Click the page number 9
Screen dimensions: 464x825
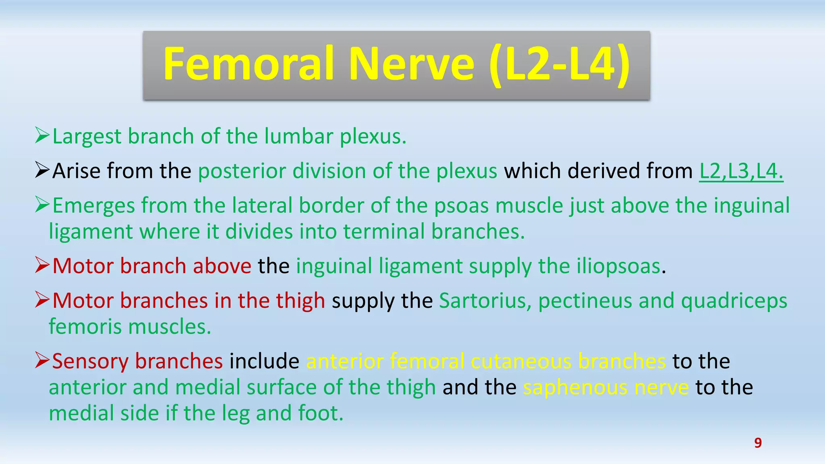click(758, 443)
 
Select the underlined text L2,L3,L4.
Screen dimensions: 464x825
click(741, 171)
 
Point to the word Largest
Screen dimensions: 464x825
click(87, 137)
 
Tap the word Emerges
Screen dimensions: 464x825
click(93, 206)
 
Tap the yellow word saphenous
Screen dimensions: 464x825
click(575, 387)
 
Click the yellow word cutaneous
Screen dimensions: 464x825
click(521, 361)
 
